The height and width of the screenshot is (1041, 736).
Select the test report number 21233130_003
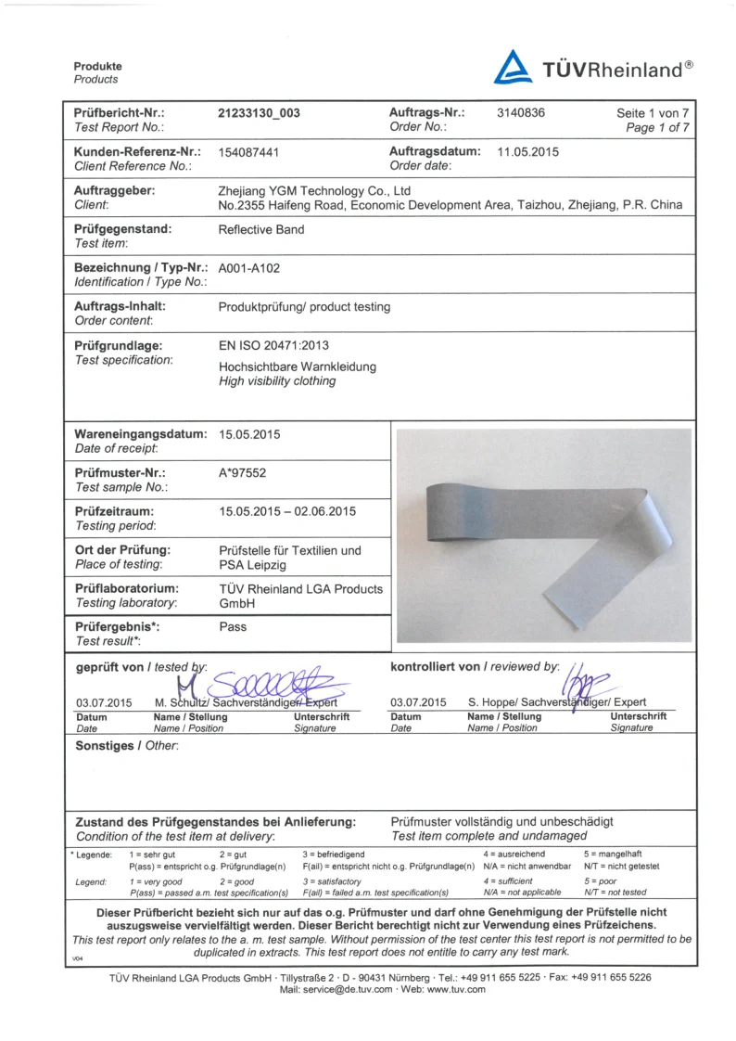260,113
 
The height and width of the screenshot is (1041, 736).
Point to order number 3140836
521,113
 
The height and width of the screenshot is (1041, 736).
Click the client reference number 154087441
249,151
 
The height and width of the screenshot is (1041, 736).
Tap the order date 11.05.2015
528,151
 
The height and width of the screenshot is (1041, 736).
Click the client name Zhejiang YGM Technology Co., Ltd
314,191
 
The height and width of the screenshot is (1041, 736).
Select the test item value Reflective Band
261,229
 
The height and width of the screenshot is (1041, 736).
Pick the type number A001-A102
249,268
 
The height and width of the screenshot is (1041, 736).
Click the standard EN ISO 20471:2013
273,345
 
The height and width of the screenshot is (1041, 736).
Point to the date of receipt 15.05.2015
249,434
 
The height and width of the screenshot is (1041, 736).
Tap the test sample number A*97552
243,472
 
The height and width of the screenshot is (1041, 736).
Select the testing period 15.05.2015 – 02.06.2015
287,511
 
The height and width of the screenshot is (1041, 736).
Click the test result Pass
233,626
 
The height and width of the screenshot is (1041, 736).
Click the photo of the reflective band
543,535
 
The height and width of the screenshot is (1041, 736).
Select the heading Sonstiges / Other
127,746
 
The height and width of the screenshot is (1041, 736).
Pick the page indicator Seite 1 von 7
653,114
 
